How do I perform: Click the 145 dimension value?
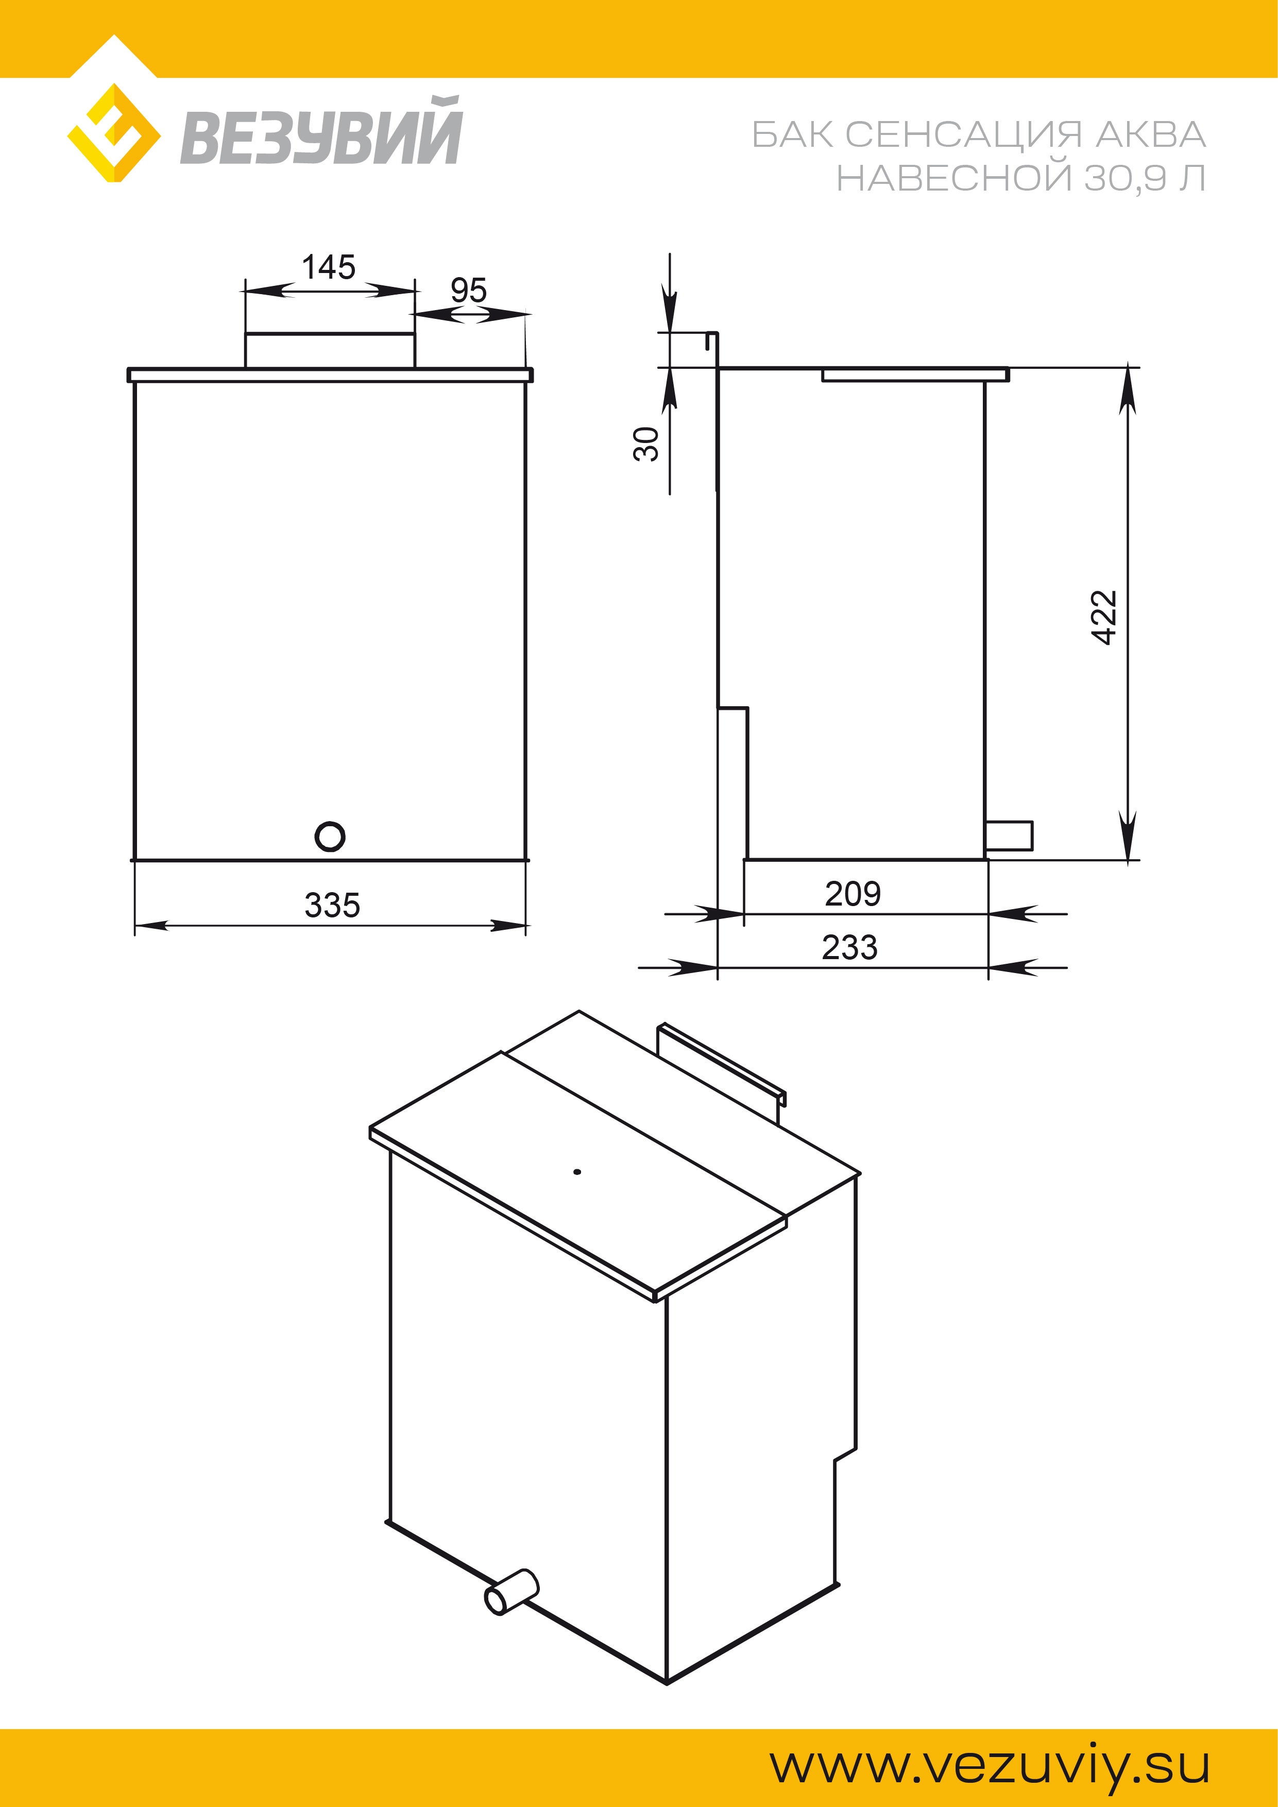click(329, 267)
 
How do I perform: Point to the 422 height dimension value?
click(1105, 617)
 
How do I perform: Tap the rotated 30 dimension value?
click(646, 444)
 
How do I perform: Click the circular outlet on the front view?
click(330, 837)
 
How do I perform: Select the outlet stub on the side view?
click(1009, 836)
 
